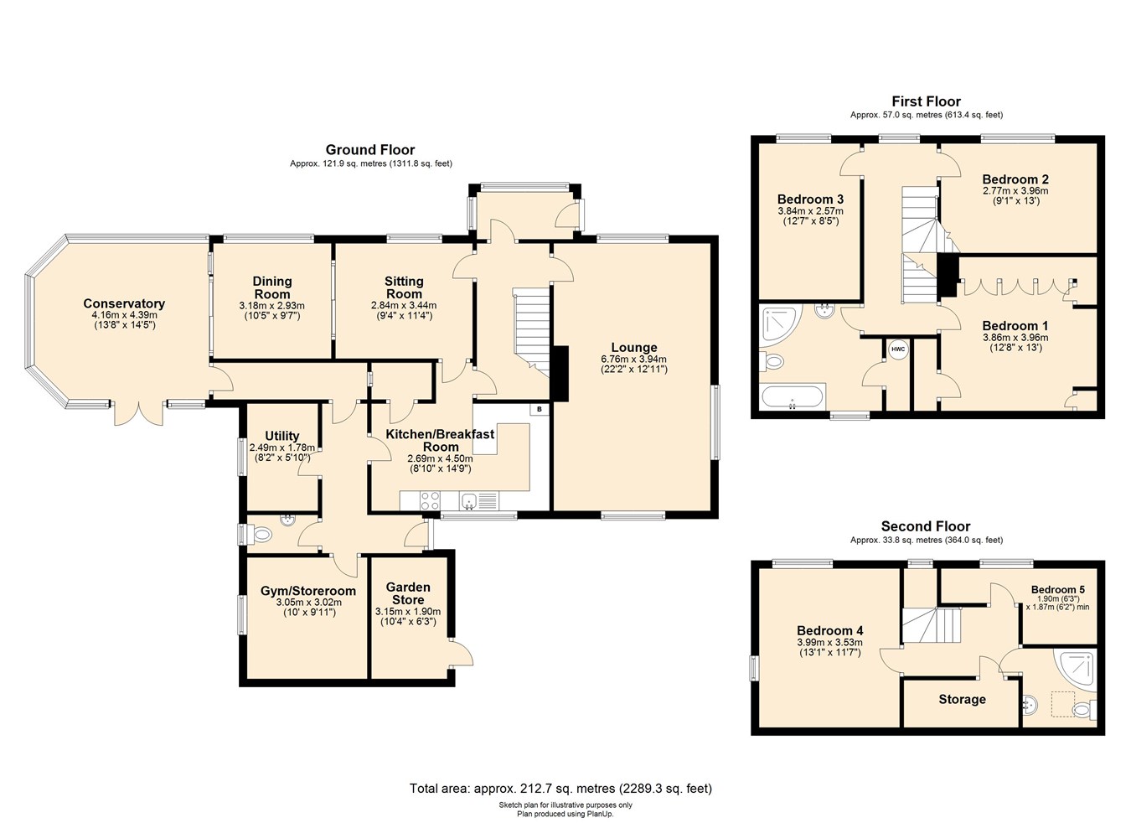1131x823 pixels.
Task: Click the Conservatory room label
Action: (124, 303)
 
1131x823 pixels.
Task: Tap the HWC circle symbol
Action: (897, 349)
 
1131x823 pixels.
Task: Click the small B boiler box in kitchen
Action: (540, 409)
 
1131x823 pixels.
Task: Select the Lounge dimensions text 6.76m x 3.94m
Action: (633, 359)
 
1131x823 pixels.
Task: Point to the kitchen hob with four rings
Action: (430, 500)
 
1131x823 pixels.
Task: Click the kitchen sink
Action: (469, 501)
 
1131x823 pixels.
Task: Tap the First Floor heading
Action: (926, 101)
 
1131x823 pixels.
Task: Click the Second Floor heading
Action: (925, 526)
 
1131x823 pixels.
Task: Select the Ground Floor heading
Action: (370, 150)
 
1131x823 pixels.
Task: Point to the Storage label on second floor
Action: (962, 699)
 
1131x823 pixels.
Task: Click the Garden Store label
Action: (408, 593)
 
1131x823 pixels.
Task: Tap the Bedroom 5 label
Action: (1057, 589)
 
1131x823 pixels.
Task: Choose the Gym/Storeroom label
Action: (308, 591)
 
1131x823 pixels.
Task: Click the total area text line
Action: (560, 788)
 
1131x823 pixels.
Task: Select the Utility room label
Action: (281, 436)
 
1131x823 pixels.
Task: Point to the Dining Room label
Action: (272, 287)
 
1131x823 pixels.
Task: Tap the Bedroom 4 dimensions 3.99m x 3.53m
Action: (829, 642)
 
